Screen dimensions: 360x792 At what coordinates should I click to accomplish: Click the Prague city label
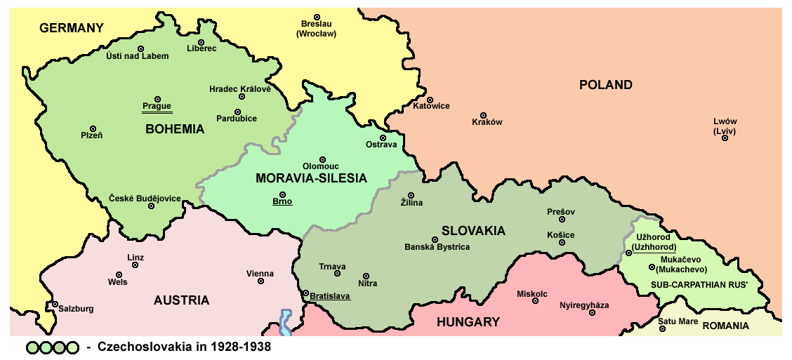coord(157,107)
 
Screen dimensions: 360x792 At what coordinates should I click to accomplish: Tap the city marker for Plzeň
coord(93,128)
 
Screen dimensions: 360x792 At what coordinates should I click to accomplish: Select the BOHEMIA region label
coord(175,129)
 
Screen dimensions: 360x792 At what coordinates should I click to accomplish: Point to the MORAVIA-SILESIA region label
coord(311,178)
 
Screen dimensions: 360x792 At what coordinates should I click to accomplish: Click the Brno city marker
coord(282,194)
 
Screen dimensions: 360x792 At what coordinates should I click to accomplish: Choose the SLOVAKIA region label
coord(473,231)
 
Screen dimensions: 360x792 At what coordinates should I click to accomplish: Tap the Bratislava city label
coord(329,296)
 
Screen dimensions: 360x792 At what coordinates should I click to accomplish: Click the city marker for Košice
coord(562,243)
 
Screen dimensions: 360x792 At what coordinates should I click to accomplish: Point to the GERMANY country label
coord(72,28)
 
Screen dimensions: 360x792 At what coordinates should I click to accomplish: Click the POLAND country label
coord(605,85)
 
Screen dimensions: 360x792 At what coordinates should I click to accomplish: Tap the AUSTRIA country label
coord(181,300)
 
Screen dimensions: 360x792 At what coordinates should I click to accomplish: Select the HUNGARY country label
coord(468,322)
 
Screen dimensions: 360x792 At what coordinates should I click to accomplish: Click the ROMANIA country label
coord(725,326)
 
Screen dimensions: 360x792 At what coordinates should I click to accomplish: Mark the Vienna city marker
coord(260,281)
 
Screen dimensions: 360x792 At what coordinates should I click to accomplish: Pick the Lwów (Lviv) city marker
coord(725,138)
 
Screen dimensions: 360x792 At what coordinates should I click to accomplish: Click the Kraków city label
coord(487,122)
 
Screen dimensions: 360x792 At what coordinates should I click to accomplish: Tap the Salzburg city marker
coord(55,305)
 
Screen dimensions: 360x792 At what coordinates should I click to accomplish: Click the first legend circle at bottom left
coord(33,347)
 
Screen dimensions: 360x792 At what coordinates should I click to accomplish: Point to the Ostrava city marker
coord(383,138)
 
